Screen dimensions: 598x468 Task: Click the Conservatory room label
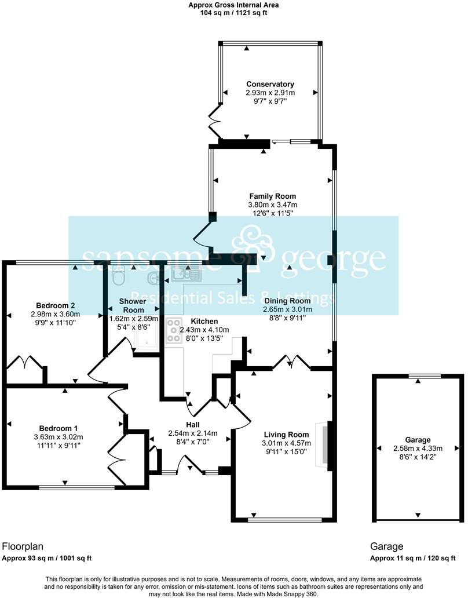(x=270, y=84)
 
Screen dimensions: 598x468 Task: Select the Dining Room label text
(x=288, y=301)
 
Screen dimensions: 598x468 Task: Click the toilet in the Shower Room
(x=118, y=277)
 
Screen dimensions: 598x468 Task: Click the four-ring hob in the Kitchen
(x=173, y=330)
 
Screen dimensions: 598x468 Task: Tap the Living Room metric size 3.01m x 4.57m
(x=286, y=443)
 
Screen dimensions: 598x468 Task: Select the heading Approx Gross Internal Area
(x=233, y=5)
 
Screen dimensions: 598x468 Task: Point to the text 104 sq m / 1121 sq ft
(x=233, y=13)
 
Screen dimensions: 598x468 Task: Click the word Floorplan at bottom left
(x=23, y=546)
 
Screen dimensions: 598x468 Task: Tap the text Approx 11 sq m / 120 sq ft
(x=412, y=559)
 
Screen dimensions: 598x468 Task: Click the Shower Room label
(x=133, y=305)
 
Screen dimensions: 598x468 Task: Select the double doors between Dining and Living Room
(x=291, y=363)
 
